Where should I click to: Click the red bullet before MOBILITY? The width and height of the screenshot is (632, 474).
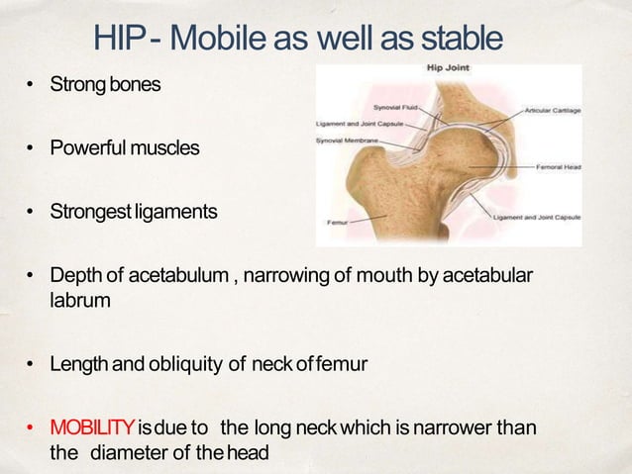pos(31,428)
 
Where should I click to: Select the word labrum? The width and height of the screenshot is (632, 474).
pos(79,297)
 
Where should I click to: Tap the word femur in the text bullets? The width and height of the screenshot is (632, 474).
pos(343,364)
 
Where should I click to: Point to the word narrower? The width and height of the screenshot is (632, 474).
pos(462,427)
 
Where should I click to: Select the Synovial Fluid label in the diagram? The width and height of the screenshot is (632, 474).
pos(394,104)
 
